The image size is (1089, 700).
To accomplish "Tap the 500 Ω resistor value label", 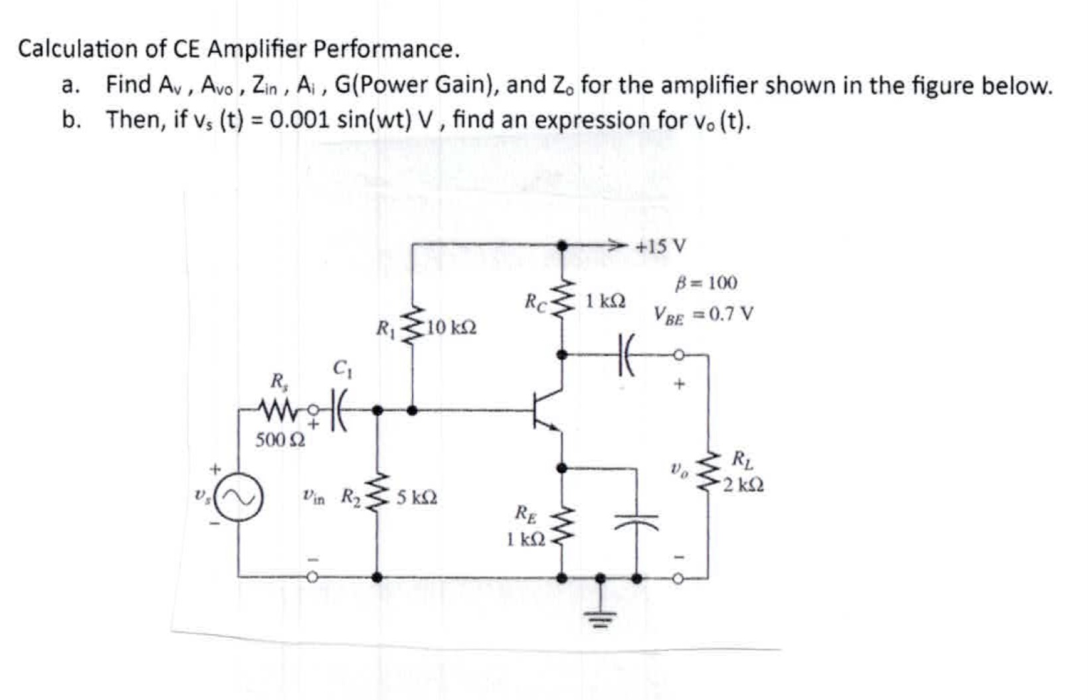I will (x=280, y=440).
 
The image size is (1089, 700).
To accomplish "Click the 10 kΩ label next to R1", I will (x=451, y=328).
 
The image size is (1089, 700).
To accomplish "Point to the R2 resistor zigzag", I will (x=377, y=496).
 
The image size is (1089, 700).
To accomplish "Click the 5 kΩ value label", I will (x=417, y=497).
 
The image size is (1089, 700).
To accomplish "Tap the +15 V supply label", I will (x=661, y=247).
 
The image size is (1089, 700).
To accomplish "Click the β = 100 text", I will (x=706, y=283).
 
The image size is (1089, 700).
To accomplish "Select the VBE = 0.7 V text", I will (x=704, y=314).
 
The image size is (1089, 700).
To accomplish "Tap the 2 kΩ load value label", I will (x=743, y=485).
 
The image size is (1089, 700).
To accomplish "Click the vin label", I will (x=313, y=497).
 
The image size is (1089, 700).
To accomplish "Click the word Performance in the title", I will (x=385, y=49).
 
